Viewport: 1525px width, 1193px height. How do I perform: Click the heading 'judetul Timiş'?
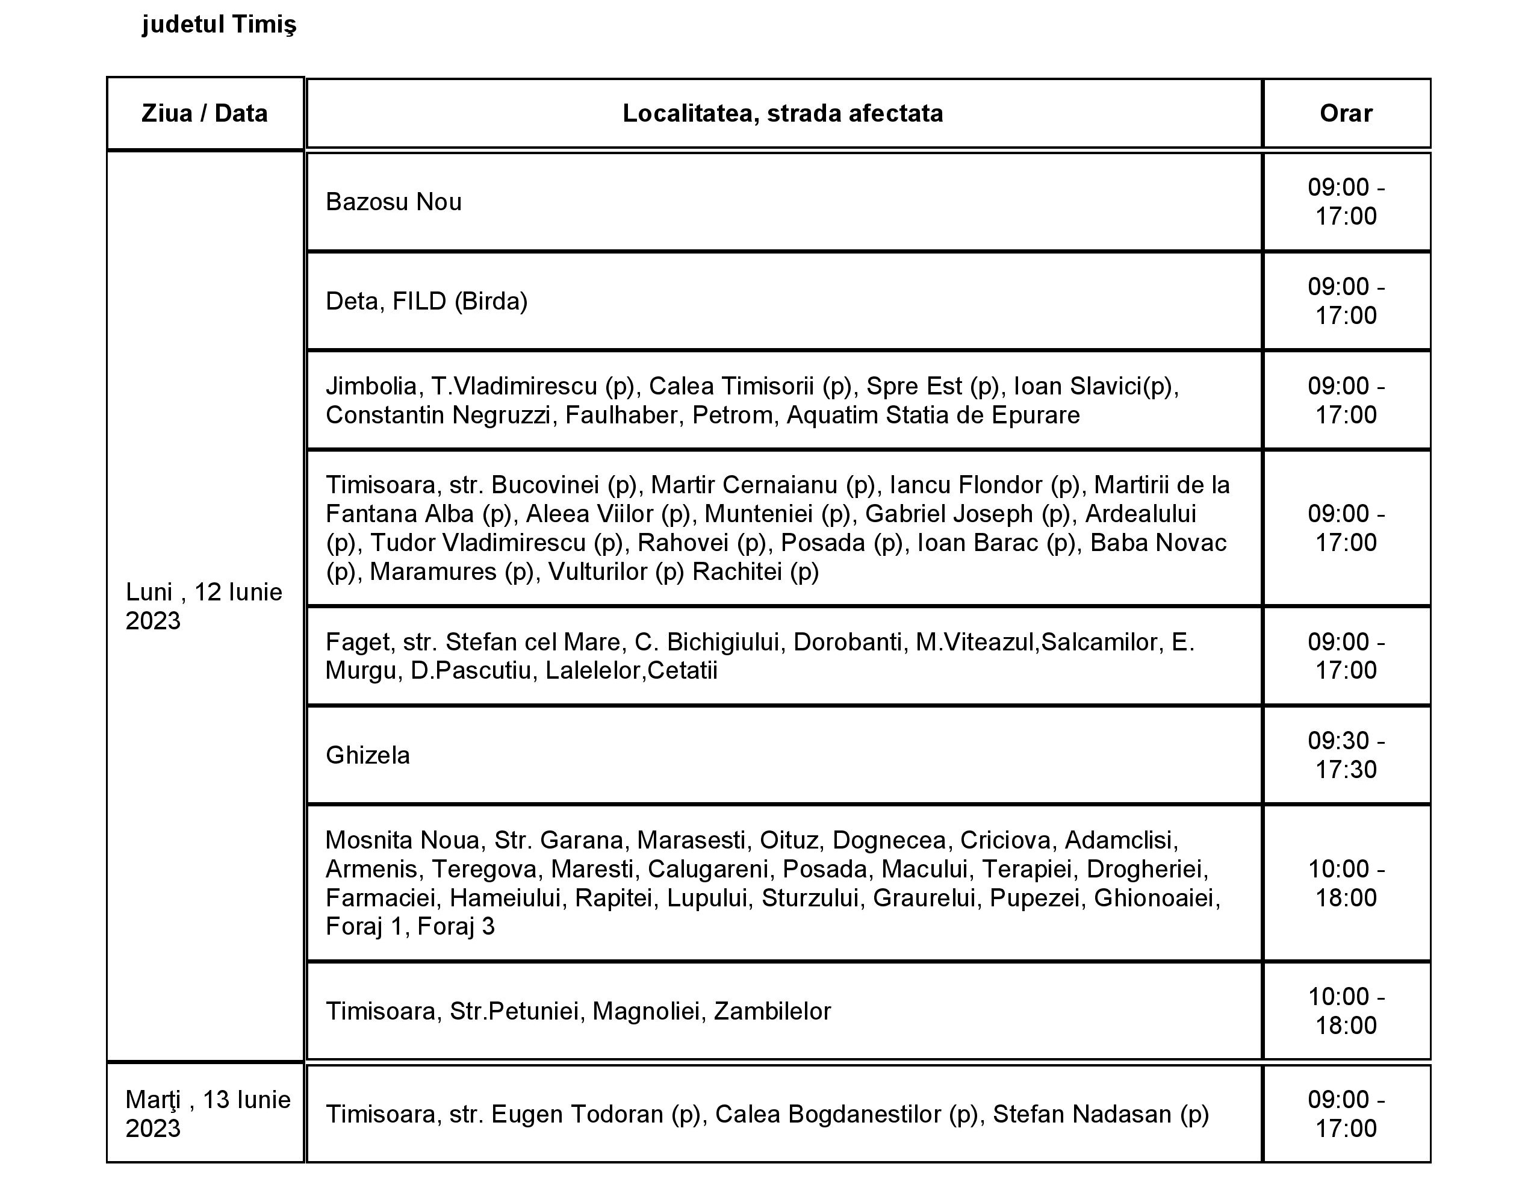coord(219,25)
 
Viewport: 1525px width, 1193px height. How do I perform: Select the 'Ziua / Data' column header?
coord(205,113)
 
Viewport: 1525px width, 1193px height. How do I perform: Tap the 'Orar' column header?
coord(1346,113)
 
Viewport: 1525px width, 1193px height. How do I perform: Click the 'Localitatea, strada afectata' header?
coord(782,113)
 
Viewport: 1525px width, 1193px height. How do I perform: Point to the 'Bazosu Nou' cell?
coord(394,202)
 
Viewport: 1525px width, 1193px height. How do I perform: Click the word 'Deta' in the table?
coord(352,301)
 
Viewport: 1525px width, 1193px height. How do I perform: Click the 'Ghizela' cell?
coord(368,755)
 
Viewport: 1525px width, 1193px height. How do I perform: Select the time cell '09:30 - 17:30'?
coord(1346,755)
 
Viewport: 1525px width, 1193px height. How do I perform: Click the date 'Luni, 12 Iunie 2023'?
coord(204,606)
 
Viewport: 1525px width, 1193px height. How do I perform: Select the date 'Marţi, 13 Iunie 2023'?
coord(207,1114)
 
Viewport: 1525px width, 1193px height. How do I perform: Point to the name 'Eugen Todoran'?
coord(577,1114)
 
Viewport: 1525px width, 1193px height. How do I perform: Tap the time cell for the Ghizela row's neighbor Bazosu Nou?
coord(1346,202)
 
